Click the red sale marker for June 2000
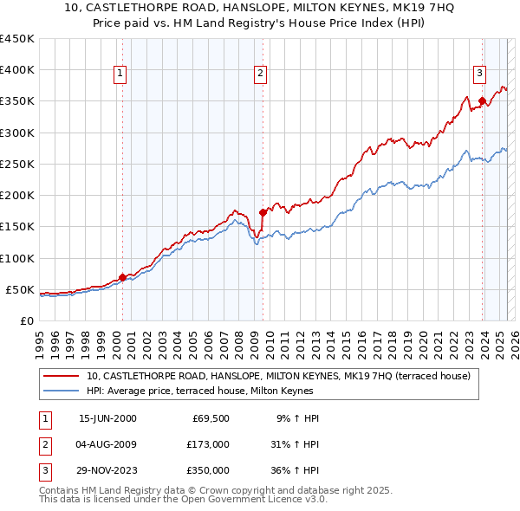tap(122, 277)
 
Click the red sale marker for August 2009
tap(263, 211)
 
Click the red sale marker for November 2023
tap(482, 100)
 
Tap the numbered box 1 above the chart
tap(120, 74)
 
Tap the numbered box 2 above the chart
tap(260, 74)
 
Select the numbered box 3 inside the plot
tap(479, 74)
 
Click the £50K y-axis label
tap(20, 289)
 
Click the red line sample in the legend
tap(61, 376)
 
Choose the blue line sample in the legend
tap(61, 391)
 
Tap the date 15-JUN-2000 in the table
tap(107, 418)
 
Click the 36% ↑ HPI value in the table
tap(295, 470)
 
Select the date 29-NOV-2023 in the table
tap(108, 470)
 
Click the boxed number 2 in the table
tap(44, 444)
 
